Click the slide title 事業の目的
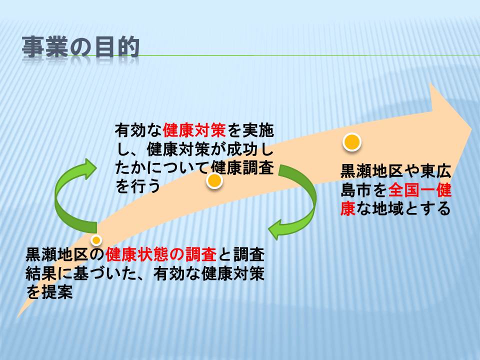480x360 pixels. pos(81,47)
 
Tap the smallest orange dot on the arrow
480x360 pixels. pos(96,240)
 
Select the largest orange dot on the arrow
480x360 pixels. pos(352,142)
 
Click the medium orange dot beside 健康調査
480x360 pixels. pos(214,181)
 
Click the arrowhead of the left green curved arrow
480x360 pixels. pos(89,168)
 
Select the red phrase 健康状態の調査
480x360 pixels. pos(161,255)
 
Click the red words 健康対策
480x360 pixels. pos(194,130)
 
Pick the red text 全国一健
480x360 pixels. pos(420,190)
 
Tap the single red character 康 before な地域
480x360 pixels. pos(348,209)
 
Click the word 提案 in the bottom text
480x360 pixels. pos(57,291)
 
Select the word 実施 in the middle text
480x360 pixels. pos(258,130)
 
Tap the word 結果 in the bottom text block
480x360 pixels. pos(41,273)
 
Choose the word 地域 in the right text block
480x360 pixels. pos(388,209)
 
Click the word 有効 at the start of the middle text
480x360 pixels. pos(130,130)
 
